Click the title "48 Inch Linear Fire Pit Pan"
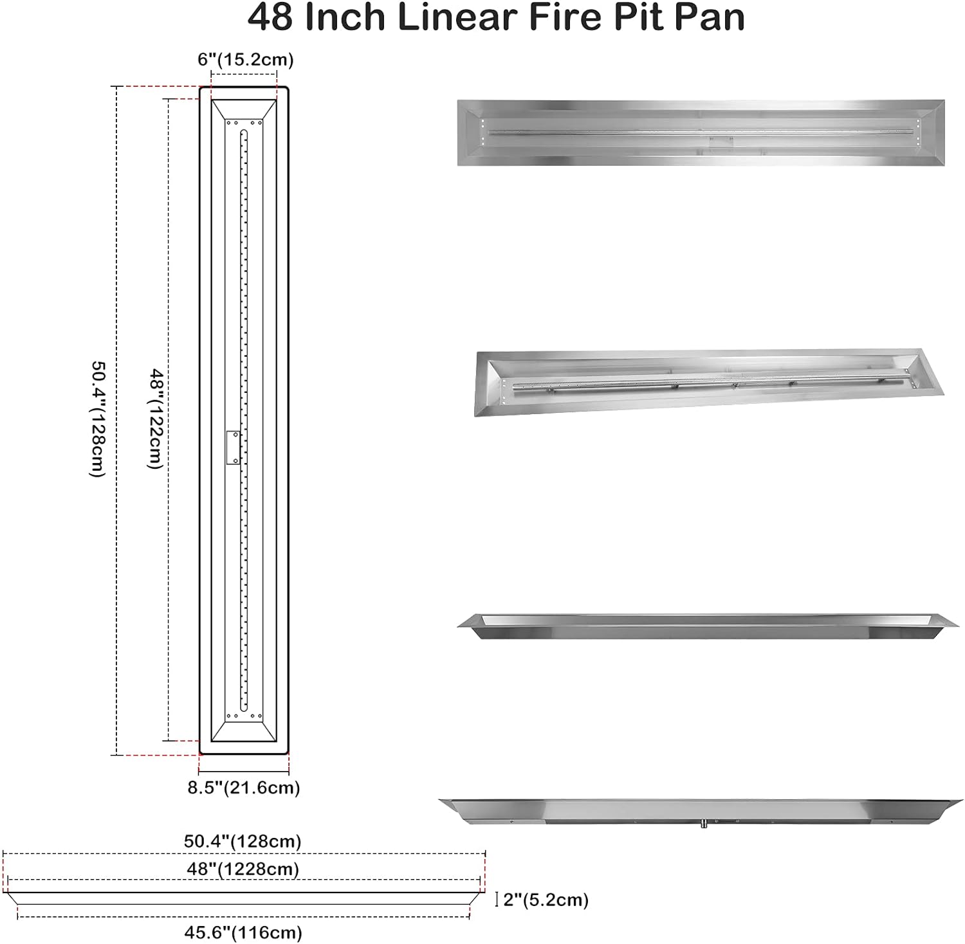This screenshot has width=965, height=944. [x=495, y=18]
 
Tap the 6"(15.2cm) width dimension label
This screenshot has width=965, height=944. [x=245, y=60]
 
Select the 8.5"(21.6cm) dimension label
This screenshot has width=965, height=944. [x=244, y=788]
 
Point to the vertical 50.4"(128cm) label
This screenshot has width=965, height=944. [x=96, y=419]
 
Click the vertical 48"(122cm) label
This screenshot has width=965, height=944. [x=155, y=418]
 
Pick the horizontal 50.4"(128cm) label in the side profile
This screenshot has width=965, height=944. [x=243, y=841]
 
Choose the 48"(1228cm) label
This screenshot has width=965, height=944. [x=243, y=869]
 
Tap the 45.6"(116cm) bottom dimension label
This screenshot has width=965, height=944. [x=243, y=932]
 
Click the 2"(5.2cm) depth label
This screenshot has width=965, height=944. [x=546, y=900]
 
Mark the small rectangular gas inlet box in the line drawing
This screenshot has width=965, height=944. [x=233, y=447]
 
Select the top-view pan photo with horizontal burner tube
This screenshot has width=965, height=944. [x=701, y=132]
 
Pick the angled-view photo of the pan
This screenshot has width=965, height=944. [x=708, y=383]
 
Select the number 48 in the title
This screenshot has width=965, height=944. [x=271, y=18]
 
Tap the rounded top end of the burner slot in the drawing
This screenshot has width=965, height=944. [x=244, y=132]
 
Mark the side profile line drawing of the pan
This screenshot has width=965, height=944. [x=244, y=898]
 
